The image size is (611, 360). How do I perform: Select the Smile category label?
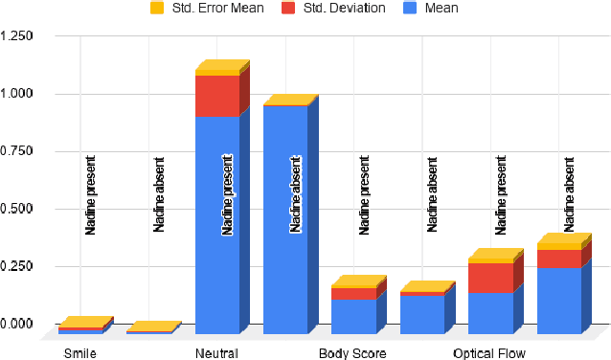point(79,352)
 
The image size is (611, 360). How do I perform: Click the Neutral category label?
point(216,352)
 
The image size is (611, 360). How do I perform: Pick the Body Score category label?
point(352,352)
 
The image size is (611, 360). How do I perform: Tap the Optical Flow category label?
point(489,352)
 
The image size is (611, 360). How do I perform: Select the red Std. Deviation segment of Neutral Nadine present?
point(217,96)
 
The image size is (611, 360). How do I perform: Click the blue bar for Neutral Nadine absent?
point(285,220)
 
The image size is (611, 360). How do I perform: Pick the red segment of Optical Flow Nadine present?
point(490,277)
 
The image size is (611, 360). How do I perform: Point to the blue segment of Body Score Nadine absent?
point(422,314)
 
